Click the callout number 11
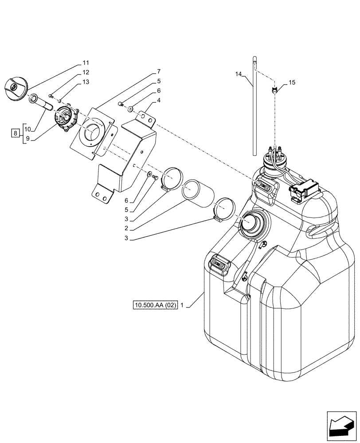click(86, 62)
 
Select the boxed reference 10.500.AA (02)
click(155, 305)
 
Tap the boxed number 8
click(16, 132)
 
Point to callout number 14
click(239, 75)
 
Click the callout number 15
click(292, 82)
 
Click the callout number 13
click(86, 82)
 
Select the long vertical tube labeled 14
click(254, 106)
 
